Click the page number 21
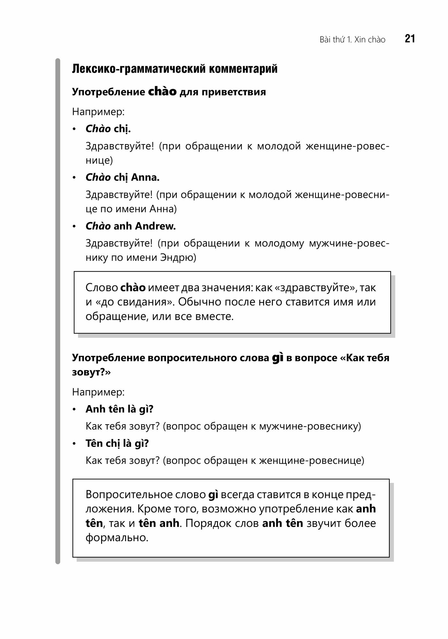pos(410,39)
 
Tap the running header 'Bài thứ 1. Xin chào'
pos(352,40)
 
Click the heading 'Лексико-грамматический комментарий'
pos(175,69)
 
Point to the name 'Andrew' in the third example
pos(155,226)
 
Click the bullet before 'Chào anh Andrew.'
pos(74,227)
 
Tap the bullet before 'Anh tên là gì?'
pos(74,410)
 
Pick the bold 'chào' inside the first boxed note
pos(133,288)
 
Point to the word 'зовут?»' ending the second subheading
pos(91,372)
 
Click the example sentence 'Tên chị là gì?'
pos(117,443)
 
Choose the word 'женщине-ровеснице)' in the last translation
pos(311,460)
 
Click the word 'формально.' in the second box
pos(117,538)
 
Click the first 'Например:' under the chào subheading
pos(98,112)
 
